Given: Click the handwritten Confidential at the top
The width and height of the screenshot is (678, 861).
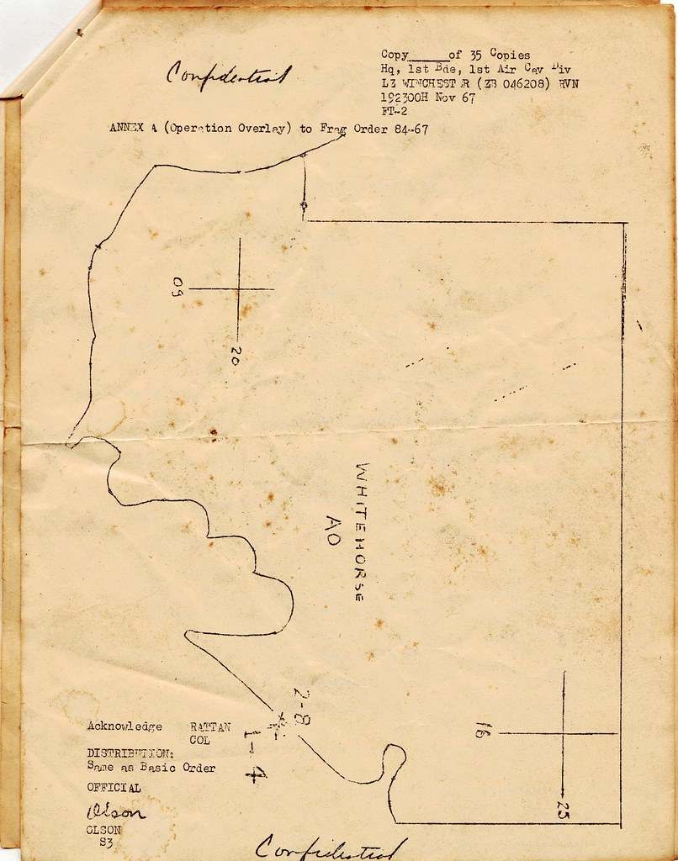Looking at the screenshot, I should coord(229,75).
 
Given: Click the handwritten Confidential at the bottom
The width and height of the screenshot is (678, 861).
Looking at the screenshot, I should coord(331,848).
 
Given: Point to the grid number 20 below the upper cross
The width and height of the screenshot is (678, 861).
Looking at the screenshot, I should coord(235,356).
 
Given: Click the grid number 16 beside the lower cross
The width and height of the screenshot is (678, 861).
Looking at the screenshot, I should coord(479,729).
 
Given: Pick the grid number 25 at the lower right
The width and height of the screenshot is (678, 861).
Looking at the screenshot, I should coord(562,809).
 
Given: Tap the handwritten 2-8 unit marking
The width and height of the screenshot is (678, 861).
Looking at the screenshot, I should coord(302,705).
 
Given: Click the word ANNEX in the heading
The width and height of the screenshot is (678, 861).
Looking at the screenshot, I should coord(126,129).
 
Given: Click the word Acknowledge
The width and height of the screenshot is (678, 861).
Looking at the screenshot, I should coord(124,726).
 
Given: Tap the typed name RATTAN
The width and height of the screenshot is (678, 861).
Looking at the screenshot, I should coord(210,726).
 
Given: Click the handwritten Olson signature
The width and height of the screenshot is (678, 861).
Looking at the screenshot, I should coord(115,812).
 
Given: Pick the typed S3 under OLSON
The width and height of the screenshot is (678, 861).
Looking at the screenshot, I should coord(107,842).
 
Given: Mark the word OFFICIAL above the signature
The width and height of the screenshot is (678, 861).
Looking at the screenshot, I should coord(114,788).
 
